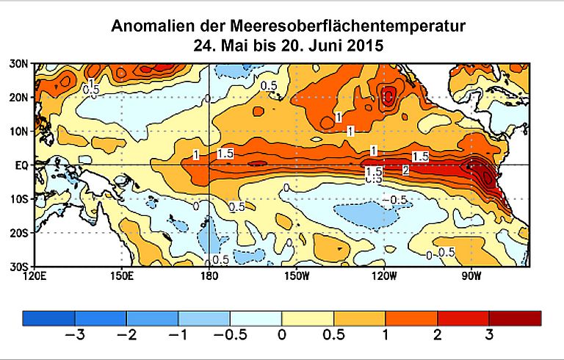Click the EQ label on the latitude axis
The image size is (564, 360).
click(21, 165)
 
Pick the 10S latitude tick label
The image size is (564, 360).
click(20, 199)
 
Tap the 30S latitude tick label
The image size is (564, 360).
click(20, 266)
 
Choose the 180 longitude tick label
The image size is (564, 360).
click(209, 276)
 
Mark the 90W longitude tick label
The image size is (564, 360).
click(471, 276)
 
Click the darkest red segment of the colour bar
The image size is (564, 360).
click(515, 317)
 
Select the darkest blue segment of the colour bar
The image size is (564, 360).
click(48, 317)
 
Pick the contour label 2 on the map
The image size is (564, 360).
click(405, 171)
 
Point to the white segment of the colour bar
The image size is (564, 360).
click(256, 317)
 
